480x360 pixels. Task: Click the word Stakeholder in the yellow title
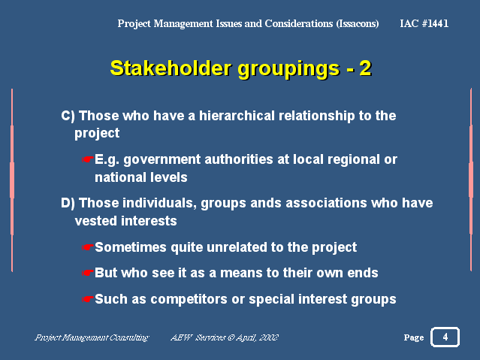pyautogui.click(x=171, y=68)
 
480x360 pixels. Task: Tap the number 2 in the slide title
pyautogui.click(x=365, y=68)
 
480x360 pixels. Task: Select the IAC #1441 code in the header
pyautogui.click(x=424, y=23)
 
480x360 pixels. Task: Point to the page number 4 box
pyautogui.click(x=445, y=337)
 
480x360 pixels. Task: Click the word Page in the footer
pyautogui.click(x=414, y=337)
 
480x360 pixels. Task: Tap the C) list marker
pyautogui.click(x=68, y=116)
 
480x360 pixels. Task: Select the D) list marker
pyautogui.click(x=68, y=203)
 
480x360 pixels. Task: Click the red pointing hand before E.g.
pyautogui.click(x=88, y=159)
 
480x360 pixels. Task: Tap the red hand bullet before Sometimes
pyautogui.click(x=88, y=247)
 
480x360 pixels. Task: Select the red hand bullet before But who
pyautogui.click(x=88, y=273)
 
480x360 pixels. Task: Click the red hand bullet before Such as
pyautogui.click(x=88, y=299)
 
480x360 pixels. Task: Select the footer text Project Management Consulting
pyautogui.click(x=92, y=337)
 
